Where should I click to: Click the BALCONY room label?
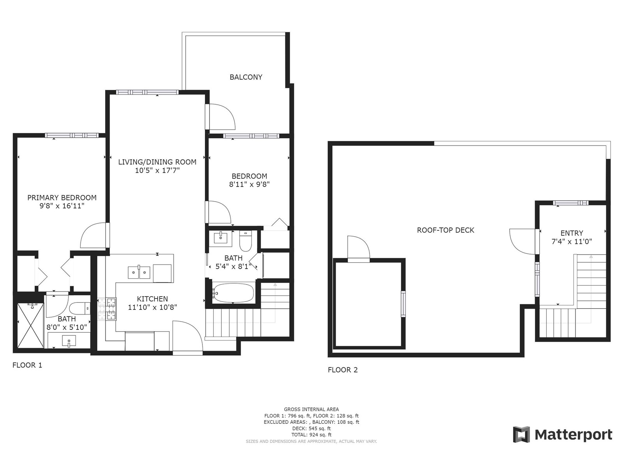246,77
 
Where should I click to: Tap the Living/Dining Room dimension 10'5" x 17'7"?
157,170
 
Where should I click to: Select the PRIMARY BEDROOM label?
62,198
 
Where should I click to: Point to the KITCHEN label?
152,299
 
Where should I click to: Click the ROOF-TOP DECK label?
445,230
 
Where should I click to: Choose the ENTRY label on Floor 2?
572,233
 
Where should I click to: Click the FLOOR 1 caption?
27,365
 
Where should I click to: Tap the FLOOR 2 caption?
343,370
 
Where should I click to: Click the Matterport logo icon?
521,434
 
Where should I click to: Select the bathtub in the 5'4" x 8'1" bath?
233,293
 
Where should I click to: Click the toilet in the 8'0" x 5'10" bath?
79,309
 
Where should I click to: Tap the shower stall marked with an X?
31,325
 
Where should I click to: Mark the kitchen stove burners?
107,309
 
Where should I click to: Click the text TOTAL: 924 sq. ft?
311,435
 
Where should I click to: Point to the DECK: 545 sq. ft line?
311,428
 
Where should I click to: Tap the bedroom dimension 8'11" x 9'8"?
249,184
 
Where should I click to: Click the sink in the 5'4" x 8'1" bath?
221,238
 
